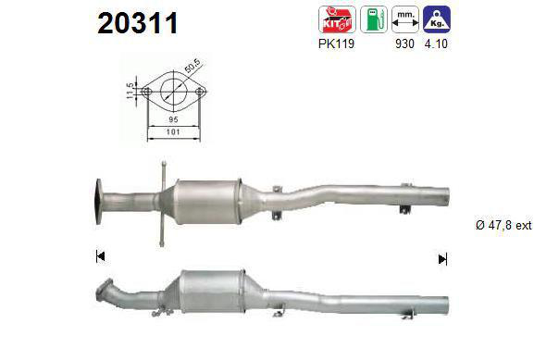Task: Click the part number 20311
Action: [x=138, y=23]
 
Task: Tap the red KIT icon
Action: [x=337, y=19]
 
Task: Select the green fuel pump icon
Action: [x=374, y=19]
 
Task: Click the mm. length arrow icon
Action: [x=405, y=19]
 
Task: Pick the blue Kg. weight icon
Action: [x=437, y=19]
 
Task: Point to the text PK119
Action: [x=337, y=43]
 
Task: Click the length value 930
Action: [x=404, y=43]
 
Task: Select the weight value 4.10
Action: [x=436, y=43]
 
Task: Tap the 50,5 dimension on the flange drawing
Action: [x=192, y=66]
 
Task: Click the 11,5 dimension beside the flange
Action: [x=130, y=91]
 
